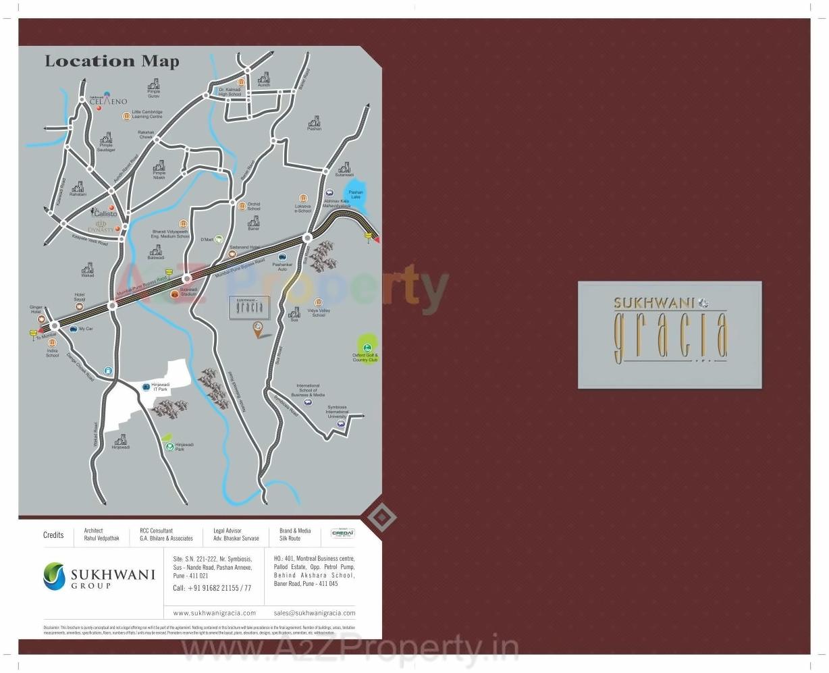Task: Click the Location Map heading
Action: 112,61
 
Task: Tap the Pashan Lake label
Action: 356,195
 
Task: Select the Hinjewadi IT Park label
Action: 161,387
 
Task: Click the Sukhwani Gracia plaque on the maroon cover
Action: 670,335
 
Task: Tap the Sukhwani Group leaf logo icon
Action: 54,576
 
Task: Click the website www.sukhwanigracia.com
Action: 215,613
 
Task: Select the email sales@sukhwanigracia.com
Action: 315,613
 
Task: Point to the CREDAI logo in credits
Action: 343,533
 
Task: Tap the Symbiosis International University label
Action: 337,412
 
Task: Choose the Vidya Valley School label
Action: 319,313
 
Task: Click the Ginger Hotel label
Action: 36,310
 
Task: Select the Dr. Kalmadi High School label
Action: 230,92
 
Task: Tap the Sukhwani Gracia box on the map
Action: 249,307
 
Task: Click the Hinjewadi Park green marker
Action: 170,446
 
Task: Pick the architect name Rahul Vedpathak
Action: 101,539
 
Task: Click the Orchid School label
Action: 253,207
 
